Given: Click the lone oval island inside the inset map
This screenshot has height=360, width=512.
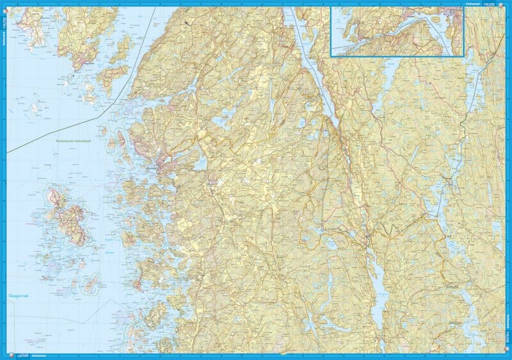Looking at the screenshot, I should [x=419, y=40].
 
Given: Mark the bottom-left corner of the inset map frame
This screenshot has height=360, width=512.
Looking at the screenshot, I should [x=332, y=56].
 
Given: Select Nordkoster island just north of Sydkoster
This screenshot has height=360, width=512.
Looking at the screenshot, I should [x=54, y=195].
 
